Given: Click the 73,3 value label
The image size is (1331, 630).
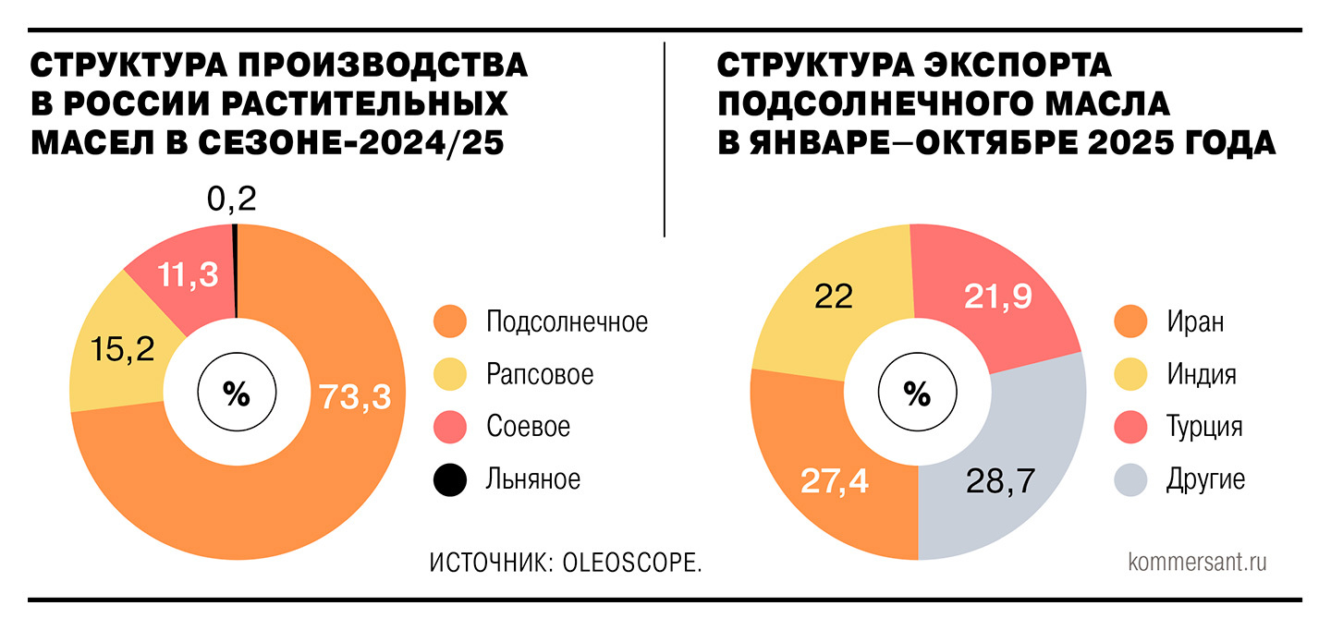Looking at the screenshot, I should (x=355, y=396).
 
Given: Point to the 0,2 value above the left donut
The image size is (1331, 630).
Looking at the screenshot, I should (x=231, y=199).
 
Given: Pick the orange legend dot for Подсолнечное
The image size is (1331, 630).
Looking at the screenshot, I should (x=450, y=322).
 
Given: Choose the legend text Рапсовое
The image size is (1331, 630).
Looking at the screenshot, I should (x=540, y=375).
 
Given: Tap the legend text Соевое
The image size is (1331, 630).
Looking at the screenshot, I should (x=528, y=427).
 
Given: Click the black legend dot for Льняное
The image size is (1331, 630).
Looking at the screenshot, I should (x=450, y=479).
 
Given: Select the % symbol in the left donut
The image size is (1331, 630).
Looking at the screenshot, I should (x=237, y=395).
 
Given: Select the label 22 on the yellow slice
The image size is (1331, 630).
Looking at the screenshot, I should (x=833, y=296).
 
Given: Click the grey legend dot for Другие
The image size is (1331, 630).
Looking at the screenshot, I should (x=1131, y=479).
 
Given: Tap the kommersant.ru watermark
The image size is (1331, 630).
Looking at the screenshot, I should (x=1197, y=562).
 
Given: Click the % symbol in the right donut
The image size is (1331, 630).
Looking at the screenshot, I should (x=916, y=395).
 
